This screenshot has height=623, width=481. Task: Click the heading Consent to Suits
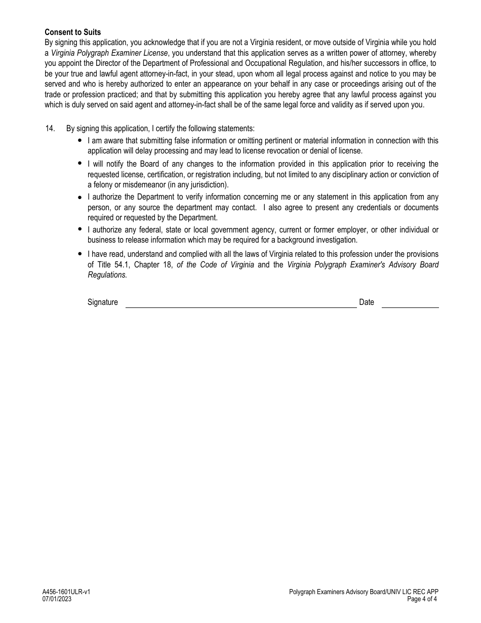(72, 32)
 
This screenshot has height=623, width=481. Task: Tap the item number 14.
(50, 129)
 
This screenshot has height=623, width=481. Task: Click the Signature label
(102, 302)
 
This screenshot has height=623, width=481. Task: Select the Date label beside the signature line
(367, 302)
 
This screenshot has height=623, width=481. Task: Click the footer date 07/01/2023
(57, 599)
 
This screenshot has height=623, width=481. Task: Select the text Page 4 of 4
(422, 599)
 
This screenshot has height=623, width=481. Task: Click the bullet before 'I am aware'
(80, 140)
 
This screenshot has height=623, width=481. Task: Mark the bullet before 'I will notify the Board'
(80, 164)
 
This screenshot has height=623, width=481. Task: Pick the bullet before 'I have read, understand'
(80, 254)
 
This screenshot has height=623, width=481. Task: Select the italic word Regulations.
(107, 275)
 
